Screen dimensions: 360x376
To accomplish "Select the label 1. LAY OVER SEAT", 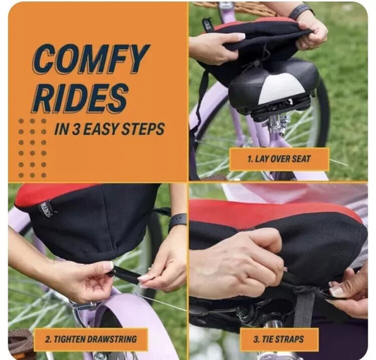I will point(279,159).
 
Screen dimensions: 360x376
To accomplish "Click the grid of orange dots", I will point(32,148).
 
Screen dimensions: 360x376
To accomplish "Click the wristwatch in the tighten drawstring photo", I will point(177,220).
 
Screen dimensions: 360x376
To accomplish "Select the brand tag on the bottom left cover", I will point(46,209).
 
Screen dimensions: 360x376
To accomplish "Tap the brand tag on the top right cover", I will point(207,24).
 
